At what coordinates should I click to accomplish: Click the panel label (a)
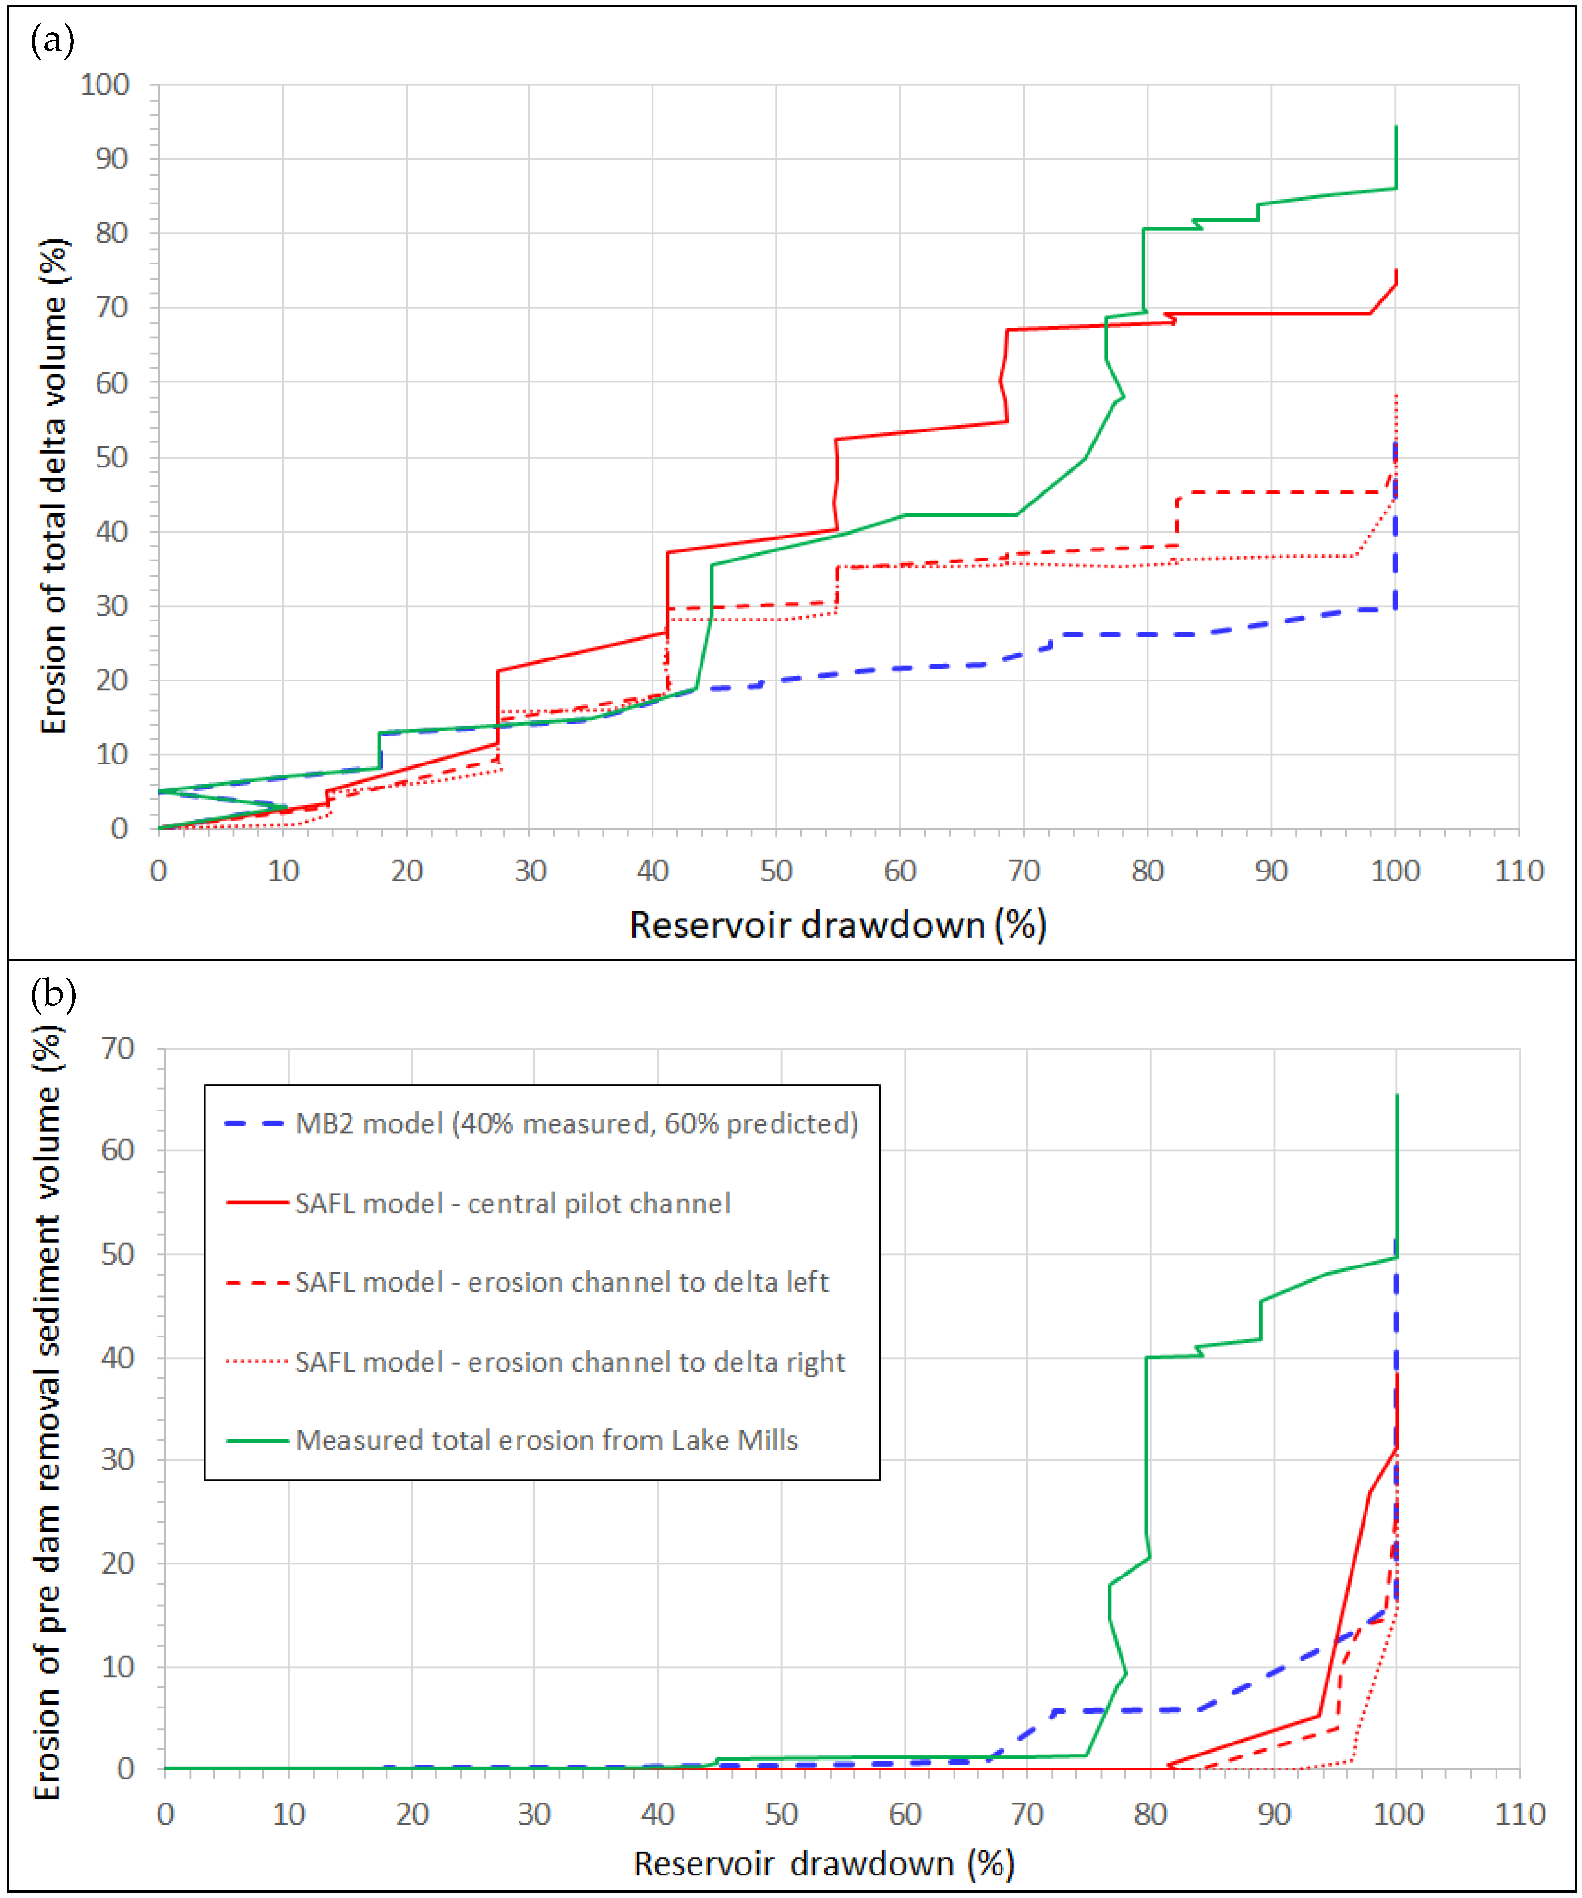click(x=52, y=41)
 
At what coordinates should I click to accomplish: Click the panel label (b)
click(x=52, y=995)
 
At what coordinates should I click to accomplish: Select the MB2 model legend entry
click(x=576, y=1123)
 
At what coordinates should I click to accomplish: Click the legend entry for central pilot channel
click(x=513, y=1204)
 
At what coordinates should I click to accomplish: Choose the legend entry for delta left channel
click(x=561, y=1282)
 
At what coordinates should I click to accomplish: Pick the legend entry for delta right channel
click(x=569, y=1362)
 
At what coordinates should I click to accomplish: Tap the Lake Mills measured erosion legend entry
click(x=546, y=1441)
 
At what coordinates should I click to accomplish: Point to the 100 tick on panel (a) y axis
click(x=105, y=85)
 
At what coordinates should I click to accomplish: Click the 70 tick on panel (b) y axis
click(x=118, y=1049)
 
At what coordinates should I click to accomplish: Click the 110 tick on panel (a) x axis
click(x=1519, y=871)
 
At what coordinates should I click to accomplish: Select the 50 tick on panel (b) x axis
click(x=781, y=1814)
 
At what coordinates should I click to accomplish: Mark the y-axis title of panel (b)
click(x=47, y=1412)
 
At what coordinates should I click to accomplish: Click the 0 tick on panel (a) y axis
click(x=120, y=829)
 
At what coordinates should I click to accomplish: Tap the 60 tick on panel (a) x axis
click(x=899, y=871)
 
